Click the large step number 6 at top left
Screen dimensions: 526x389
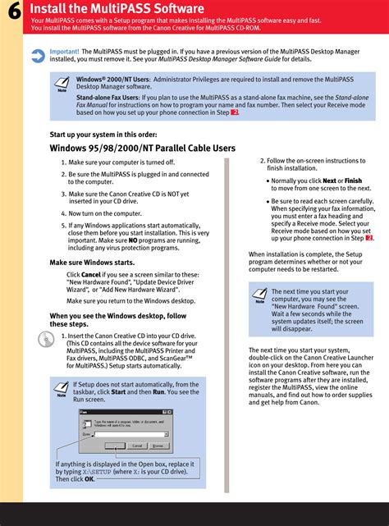(x=11, y=16)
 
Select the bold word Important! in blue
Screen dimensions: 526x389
(x=65, y=51)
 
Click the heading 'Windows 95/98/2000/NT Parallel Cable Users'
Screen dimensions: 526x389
(x=143, y=149)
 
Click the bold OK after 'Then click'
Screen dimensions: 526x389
(x=89, y=480)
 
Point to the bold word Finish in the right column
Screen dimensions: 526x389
(x=354, y=181)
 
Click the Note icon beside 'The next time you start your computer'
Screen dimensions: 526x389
(x=259, y=295)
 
